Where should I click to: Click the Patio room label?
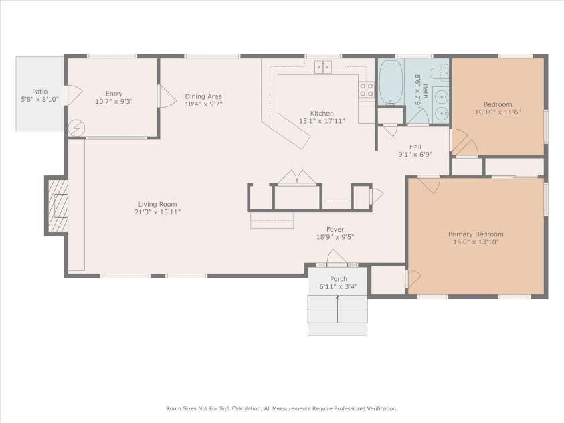click(x=40, y=92)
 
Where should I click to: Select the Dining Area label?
click(x=203, y=96)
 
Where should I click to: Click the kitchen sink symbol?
click(x=324, y=66)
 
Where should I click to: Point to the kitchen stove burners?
click(x=366, y=90)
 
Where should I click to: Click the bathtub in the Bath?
click(x=391, y=82)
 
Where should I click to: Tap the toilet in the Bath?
click(x=439, y=73)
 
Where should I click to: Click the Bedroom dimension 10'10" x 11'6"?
click(x=498, y=112)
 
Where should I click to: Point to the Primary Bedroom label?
click(x=476, y=234)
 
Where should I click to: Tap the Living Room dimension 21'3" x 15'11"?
click(x=158, y=212)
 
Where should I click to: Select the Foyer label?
click(x=335, y=229)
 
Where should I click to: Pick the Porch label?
click(x=338, y=279)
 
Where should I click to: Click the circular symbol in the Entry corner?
click(x=75, y=126)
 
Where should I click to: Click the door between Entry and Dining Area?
click(x=162, y=96)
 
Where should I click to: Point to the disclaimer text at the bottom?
click(x=282, y=408)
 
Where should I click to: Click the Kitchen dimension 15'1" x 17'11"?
click(x=322, y=122)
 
